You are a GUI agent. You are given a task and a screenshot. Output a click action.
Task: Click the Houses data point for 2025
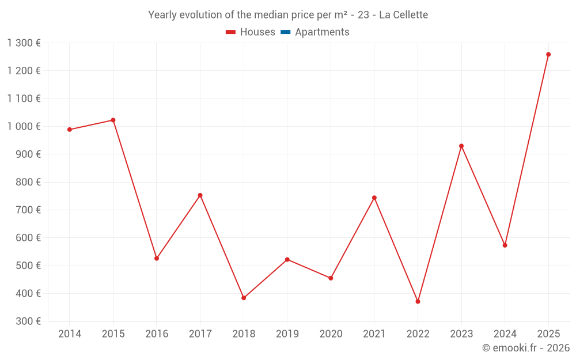point(548,55)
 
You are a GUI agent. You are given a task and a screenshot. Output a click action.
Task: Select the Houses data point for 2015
point(113,120)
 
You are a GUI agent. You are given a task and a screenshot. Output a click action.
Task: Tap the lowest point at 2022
point(418,302)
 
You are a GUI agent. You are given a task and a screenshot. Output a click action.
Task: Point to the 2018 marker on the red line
point(244,298)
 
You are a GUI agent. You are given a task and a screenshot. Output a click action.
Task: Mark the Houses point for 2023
point(461,146)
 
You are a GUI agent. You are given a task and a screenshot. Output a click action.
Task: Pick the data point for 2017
point(200,195)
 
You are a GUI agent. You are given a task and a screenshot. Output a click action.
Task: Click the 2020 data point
point(331,278)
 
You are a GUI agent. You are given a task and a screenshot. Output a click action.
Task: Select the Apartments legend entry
point(322,32)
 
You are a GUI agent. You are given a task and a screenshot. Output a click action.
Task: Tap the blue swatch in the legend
point(285,32)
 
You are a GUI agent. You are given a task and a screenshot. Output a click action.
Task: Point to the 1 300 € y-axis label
point(24,43)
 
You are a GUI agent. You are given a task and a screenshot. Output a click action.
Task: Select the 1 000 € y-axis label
point(24,127)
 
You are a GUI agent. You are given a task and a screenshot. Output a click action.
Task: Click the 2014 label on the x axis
point(70,334)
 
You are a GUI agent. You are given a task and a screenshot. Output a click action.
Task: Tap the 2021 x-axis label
point(374,334)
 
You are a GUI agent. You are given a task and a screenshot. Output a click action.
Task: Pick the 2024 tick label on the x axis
point(505,334)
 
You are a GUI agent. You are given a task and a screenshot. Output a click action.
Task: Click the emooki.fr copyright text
point(526,348)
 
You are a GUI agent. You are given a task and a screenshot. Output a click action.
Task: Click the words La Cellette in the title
point(403,15)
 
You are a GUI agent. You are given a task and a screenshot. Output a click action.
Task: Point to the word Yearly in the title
point(162,15)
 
